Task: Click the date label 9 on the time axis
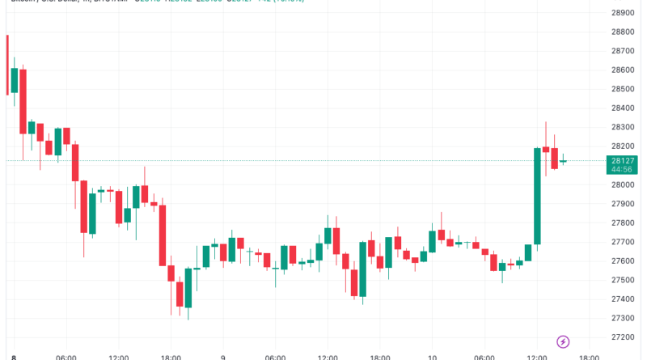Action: (x=222, y=356)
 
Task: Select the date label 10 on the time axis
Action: (x=432, y=356)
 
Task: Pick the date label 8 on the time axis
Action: (x=14, y=356)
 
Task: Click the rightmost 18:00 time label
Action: (x=590, y=356)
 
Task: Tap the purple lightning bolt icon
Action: (x=564, y=342)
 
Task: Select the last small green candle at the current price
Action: (x=563, y=161)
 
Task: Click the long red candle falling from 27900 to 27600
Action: (x=163, y=235)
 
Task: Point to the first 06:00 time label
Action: (x=66, y=356)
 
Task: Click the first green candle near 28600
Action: (x=14, y=80)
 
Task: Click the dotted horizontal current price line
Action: (x=323, y=160)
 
